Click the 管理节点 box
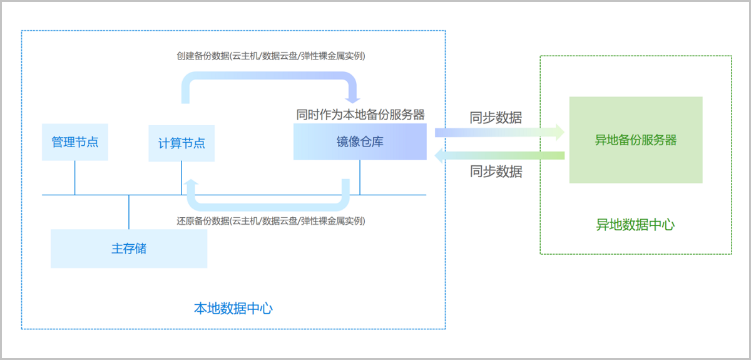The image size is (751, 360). tap(75, 142)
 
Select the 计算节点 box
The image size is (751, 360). tap(181, 143)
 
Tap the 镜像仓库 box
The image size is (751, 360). tap(360, 141)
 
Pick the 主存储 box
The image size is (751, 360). tap(129, 249)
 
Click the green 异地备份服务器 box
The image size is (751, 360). tap(635, 140)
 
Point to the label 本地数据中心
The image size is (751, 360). tap(233, 308)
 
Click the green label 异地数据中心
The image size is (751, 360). tap(635, 225)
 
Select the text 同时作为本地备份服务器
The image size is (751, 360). tap(360, 115)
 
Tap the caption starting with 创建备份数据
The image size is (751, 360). tap(271, 56)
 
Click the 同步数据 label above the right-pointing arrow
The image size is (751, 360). tap(496, 117)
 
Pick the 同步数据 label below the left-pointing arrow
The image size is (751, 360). tap(496, 172)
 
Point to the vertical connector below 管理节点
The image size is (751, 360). tap(75, 178)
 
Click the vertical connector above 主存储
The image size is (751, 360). tap(129, 212)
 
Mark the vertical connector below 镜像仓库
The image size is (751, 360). tap(360, 177)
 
